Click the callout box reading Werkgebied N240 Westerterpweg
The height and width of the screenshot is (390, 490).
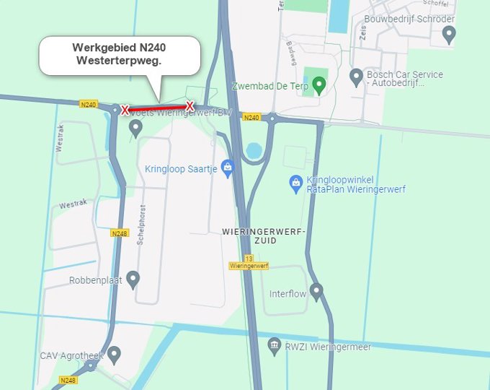[x=119, y=56]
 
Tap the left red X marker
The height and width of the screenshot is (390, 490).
[x=125, y=110]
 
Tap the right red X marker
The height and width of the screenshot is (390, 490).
[x=190, y=106]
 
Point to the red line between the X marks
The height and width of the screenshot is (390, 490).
[x=157, y=108]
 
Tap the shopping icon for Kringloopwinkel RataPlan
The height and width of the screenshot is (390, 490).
[x=295, y=183]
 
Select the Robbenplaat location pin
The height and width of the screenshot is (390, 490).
[x=133, y=279]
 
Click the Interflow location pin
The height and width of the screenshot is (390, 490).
[x=316, y=292]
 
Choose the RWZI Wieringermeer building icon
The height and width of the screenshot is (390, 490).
[x=274, y=347]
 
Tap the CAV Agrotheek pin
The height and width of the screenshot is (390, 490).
[x=114, y=354]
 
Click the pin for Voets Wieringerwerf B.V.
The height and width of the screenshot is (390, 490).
[x=135, y=128]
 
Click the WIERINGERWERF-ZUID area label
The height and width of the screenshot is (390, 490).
[x=264, y=235]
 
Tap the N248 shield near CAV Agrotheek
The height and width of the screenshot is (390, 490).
[x=68, y=380]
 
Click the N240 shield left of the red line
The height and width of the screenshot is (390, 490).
[x=88, y=105]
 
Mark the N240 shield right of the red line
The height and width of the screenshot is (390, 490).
[x=251, y=117]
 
